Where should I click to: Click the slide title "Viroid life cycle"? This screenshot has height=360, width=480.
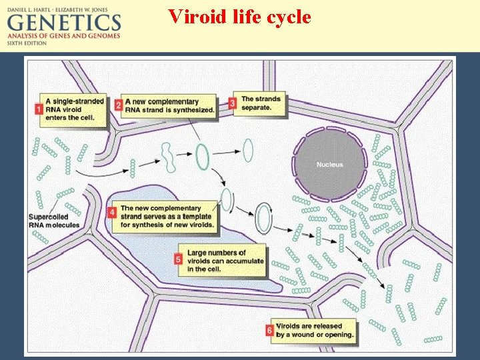tap(239, 16)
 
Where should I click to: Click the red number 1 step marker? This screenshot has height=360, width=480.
tap(39, 108)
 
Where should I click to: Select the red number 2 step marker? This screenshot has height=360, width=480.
tap(118, 105)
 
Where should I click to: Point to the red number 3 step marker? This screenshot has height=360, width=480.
tap(233, 103)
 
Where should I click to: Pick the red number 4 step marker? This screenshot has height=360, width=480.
tap(113, 213)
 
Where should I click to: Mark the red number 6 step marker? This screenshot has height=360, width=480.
tap(269, 329)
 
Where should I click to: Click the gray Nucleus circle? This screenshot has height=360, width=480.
tap(330, 164)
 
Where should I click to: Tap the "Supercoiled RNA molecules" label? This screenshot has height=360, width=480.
tap(54, 221)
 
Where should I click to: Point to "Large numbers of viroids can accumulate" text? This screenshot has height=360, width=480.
tap(226, 261)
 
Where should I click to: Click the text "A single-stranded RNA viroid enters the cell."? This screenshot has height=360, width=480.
tap(74, 109)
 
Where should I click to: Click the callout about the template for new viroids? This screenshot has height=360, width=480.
tap(167, 216)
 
